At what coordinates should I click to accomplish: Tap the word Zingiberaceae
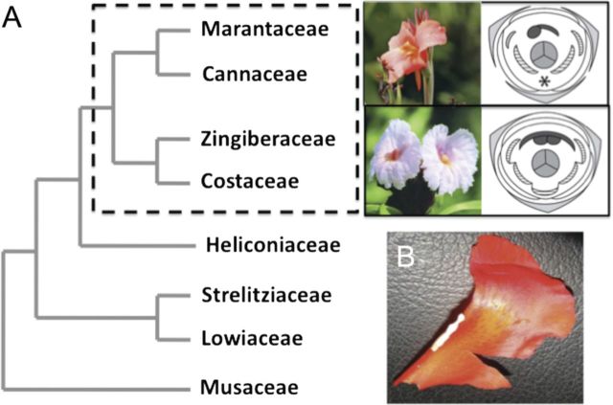pyautogui.click(x=269, y=140)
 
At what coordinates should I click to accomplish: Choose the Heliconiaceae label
pyautogui.click(x=273, y=246)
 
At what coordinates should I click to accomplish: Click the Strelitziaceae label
pyautogui.click(x=267, y=295)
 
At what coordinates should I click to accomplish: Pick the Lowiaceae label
pyautogui.click(x=253, y=337)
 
